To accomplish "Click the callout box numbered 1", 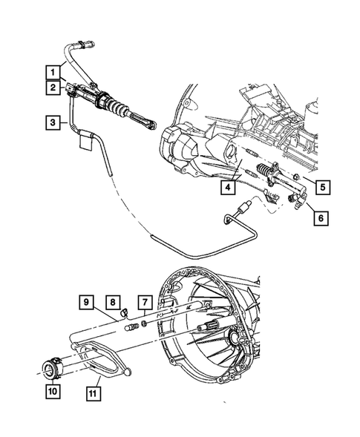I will pos(51,72).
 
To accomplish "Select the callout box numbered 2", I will pos(51,88).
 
